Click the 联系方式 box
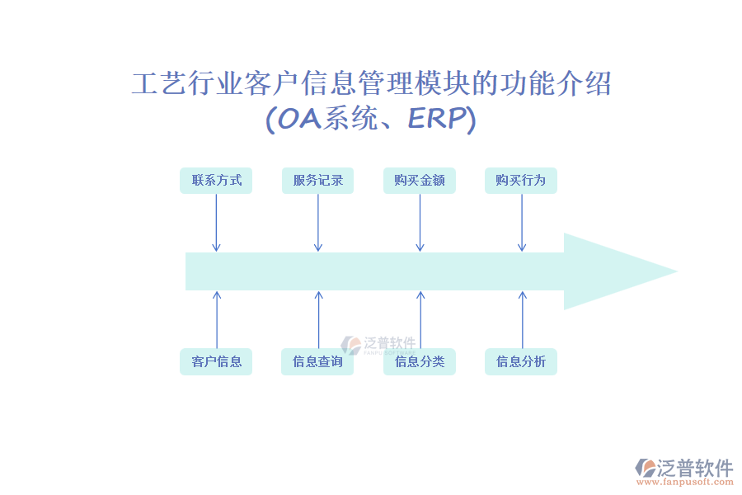[x=216, y=181]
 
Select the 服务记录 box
[x=317, y=181]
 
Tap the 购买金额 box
[x=419, y=181]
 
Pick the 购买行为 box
[x=520, y=181]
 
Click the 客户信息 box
[x=216, y=361]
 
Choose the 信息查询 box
[x=317, y=361]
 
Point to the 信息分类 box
[x=419, y=361]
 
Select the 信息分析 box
[x=520, y=361]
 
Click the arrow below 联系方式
[x=216, y=223]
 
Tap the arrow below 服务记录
[x=317, y=223]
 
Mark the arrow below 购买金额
[x=420, y=223]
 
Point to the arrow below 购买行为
[x=521, y=223]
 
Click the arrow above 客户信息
[x=217, y=319]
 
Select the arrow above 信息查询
[x=318, y=319]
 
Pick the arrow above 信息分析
[x=521, y=319]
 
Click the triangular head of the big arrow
[x=610, y=271]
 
